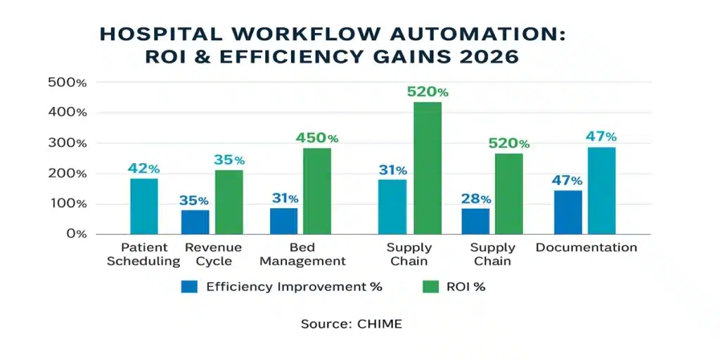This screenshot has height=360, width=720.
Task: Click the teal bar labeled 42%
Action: (143, 206)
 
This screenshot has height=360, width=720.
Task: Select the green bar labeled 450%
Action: (316, 191)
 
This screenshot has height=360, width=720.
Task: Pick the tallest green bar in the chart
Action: (427, 168)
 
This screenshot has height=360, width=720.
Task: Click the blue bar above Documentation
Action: (567, 212)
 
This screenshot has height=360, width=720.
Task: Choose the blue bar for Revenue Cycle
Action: (195, 221)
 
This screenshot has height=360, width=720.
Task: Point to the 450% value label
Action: (316, 138)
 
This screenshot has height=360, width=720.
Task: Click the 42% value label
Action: (143, 169)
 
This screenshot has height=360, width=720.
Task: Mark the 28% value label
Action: (475, 198)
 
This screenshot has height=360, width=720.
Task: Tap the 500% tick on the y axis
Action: (67, 82)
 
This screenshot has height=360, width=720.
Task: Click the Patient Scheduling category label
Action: (143, 255)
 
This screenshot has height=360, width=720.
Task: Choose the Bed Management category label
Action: (308, 255)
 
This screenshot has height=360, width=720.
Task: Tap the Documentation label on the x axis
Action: (586, 247)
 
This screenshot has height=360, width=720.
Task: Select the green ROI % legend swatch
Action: (429, 286)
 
